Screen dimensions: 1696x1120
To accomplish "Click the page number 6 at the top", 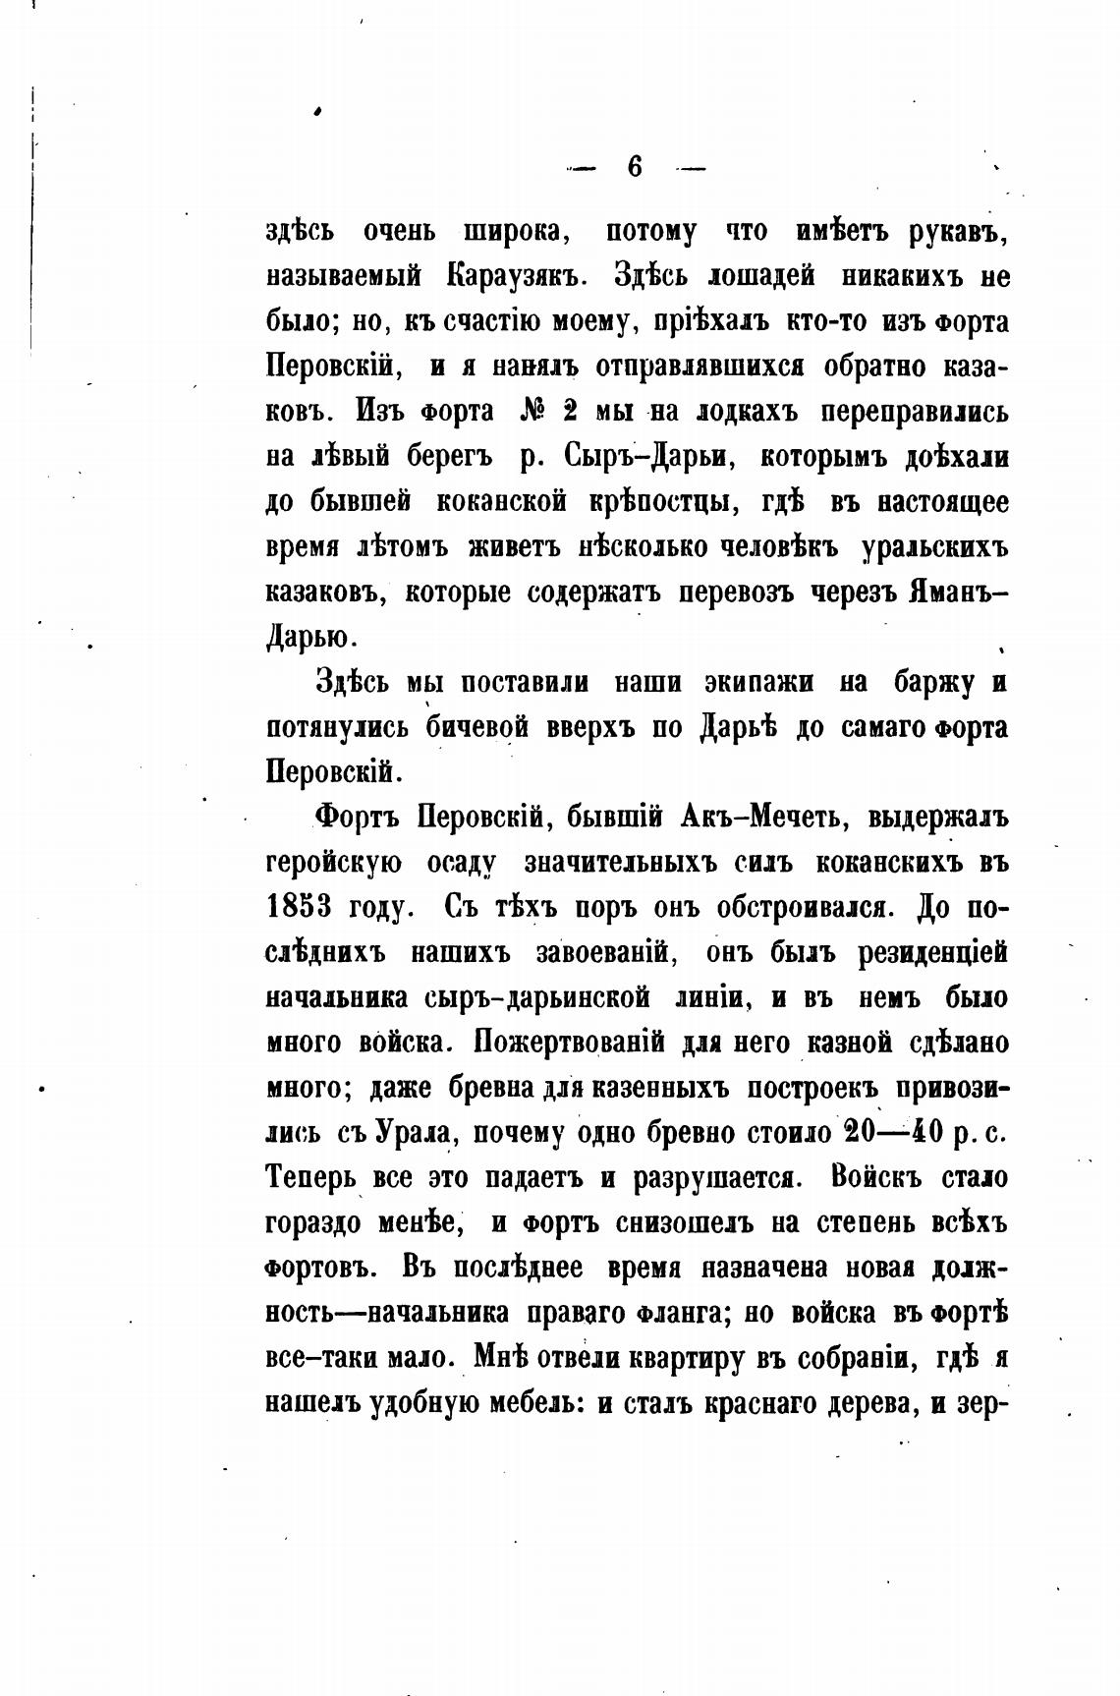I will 635,167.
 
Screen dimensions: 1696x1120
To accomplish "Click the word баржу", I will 928,682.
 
